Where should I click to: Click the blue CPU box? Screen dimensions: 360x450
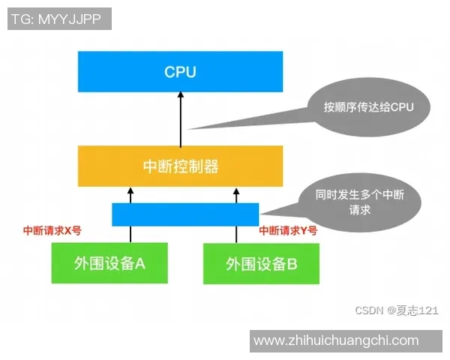(x=180, y=72)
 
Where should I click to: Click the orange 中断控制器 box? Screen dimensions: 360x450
(x=180, y=166)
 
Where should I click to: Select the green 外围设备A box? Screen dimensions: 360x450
(x=109, y=263)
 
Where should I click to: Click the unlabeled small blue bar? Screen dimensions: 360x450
(x=185, y=214)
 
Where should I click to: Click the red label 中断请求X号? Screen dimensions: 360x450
(x=52, y=231)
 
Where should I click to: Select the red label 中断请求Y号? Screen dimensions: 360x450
(x=288, y=231)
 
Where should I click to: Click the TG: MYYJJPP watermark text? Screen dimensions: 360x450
(x=59, y=18)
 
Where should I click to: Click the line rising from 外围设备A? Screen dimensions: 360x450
(x=130, y=233)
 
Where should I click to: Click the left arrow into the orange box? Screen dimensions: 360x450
(x=130, y=195)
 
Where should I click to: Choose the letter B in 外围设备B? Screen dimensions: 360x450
(x=292, y=264)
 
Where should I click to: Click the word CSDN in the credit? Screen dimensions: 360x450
(x=369, y=310)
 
